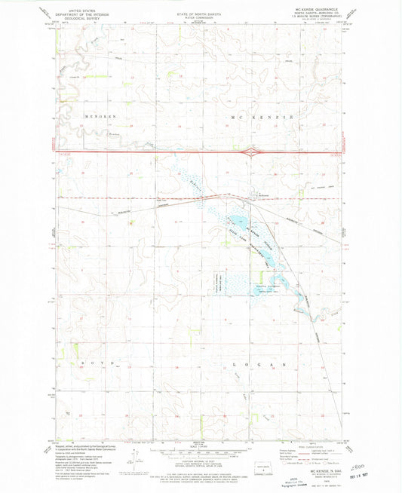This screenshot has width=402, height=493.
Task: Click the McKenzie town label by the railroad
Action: click(x=263, y=198)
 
